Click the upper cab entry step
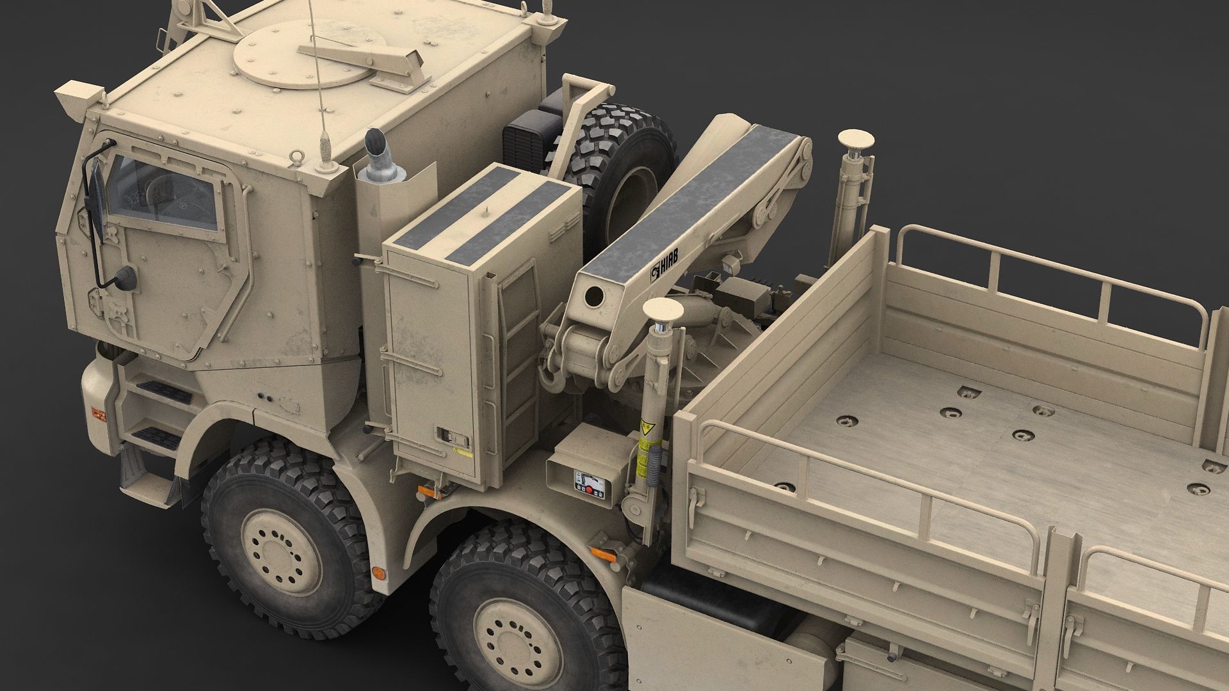[x=163, y=390]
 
